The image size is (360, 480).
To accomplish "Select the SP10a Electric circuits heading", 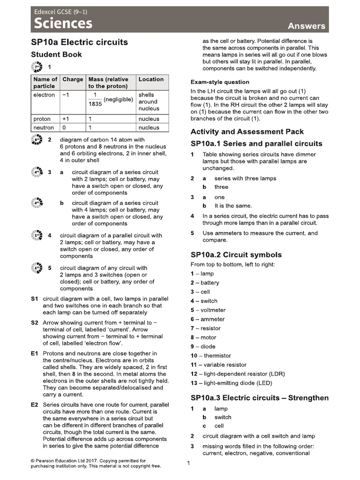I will click(x=79, y=42).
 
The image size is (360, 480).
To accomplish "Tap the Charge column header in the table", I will click(x=73, y=79).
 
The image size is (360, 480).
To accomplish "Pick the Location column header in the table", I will click(x=151, y=79).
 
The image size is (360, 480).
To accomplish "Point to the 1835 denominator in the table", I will click(x=95, y=104).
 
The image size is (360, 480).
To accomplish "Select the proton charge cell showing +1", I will click(x=66, y=119).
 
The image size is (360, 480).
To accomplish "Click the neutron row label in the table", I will click(x=44, y=127).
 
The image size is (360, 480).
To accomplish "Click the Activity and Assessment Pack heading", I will click(x=247, y=132).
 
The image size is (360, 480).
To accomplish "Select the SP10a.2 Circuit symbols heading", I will click(x=236, y=255).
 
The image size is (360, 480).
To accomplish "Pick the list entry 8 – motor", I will click(x=203, y=337).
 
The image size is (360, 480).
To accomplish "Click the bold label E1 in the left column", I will click(x=34, y=353).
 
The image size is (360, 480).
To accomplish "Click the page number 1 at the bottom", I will click(x=188, y=464).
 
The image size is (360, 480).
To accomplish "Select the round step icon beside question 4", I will click(x=36, y=235).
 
